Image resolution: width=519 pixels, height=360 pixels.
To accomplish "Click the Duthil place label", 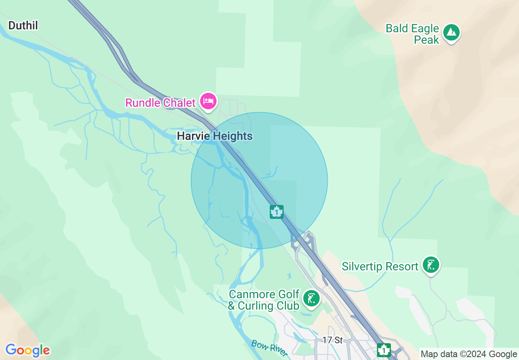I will pyautogui.click(x=23, y=26).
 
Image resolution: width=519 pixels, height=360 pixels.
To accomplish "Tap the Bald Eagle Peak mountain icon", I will pyautogui.click(x=451, y=32).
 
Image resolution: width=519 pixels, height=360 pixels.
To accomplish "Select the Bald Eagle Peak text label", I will pyautogui.click(x=413, y=34).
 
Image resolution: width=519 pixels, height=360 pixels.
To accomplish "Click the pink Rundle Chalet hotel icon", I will pyautogui.click(x=208, y=101).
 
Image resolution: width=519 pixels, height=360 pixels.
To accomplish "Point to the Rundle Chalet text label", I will pyautogui.click(x=160, y=103).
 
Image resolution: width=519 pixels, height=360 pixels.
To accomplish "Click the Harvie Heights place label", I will pyautogui.click(x=214, y=136).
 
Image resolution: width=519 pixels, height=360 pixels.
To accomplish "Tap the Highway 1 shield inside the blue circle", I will pyautogui.click(x=277, y=212).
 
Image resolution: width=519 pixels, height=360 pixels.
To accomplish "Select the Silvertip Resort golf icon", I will pyautogui.click(x=431, y=265).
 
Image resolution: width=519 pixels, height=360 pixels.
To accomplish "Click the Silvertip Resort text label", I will pyautogui.click(x=380, y=267).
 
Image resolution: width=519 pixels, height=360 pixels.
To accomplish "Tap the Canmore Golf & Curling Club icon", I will pyautogui.click(x=311, y=299).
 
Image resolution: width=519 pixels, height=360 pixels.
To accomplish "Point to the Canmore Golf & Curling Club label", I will pyautogui.click(x=264, y=300).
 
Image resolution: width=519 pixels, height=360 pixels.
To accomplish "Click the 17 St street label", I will pyautogui.click(x=332, y=340).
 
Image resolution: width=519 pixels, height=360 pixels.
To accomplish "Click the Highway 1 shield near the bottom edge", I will pyautogui.click(x=384, y=350).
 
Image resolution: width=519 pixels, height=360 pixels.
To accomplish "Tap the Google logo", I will pyautogui.click(x=27, y=350).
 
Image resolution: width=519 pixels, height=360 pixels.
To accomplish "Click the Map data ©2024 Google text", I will pyautogui.click(x=469, y=354).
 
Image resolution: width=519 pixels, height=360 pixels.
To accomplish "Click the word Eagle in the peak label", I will pyautogui.click(x=425, y=29).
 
